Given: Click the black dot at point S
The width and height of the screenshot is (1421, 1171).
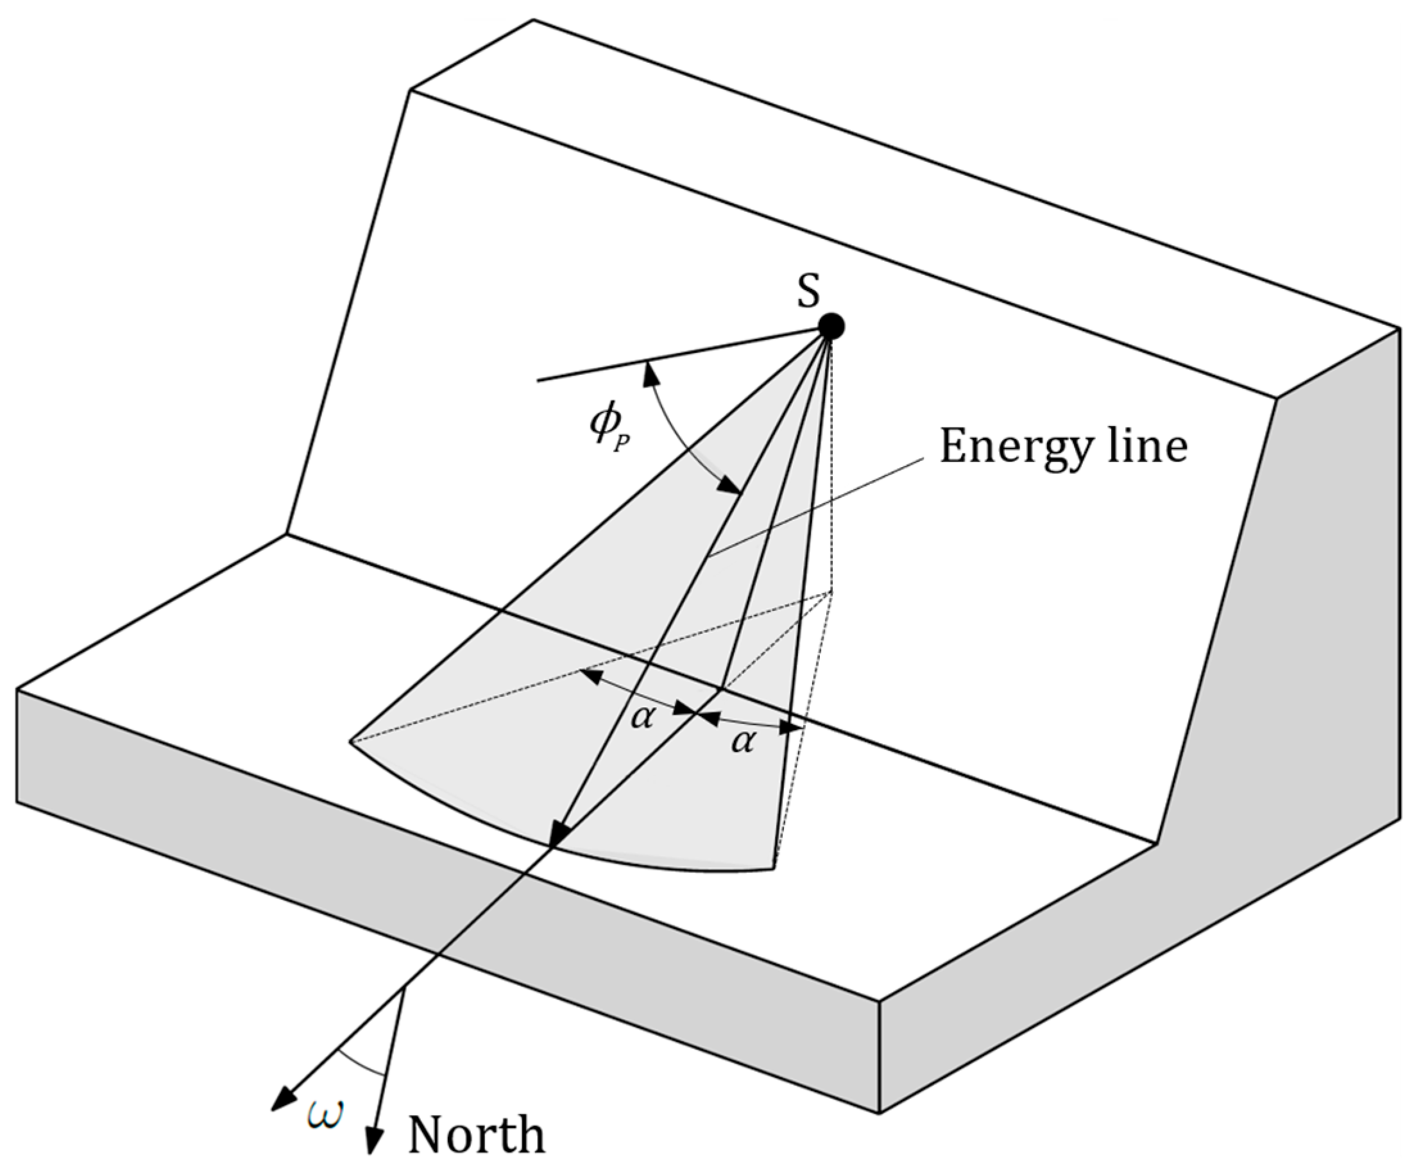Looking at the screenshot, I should (831, 327).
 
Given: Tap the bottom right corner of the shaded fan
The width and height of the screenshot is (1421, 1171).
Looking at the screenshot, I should (774, 869).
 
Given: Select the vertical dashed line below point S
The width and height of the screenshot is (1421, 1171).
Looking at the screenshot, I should (833, 472).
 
